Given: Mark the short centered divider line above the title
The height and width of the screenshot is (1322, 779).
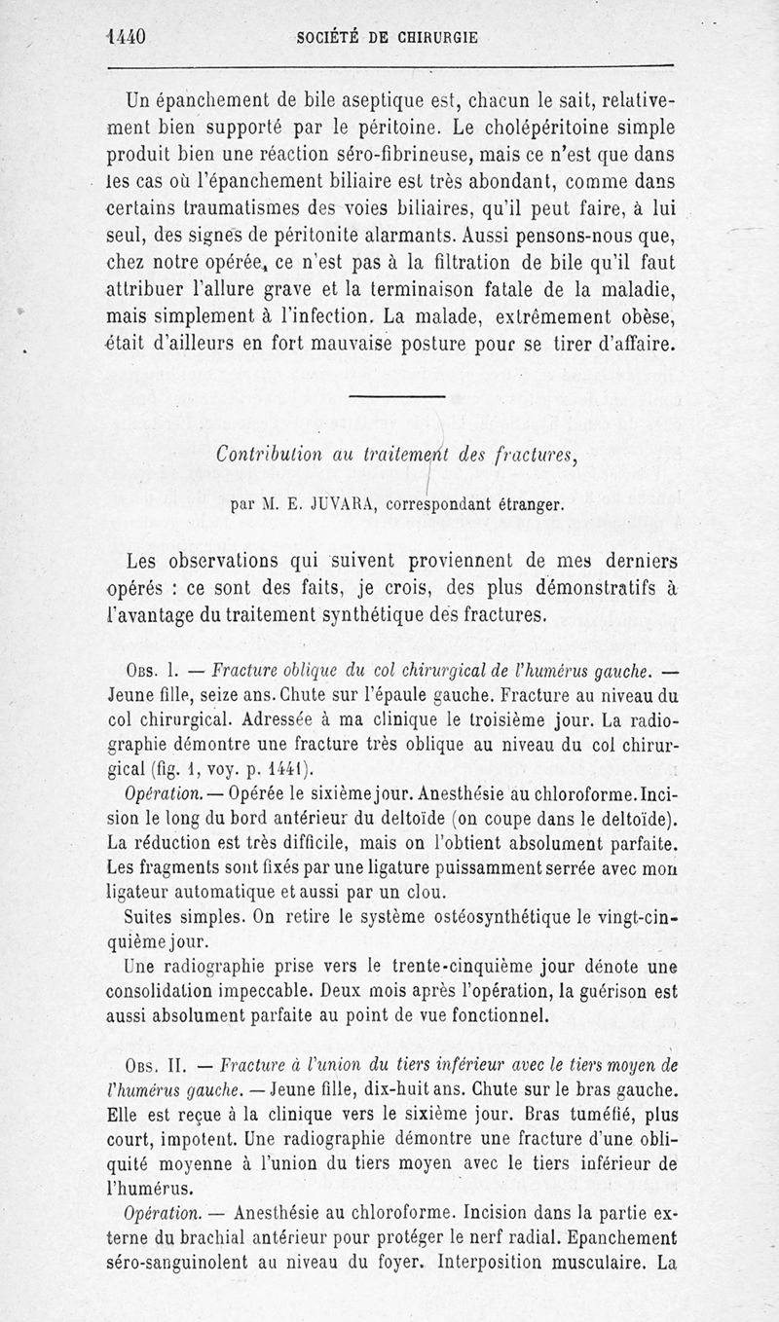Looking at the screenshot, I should pos(395,395).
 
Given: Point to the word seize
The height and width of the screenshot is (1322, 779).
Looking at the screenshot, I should pos(212,698).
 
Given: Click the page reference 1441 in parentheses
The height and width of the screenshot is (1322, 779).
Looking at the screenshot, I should pos(280,770).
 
